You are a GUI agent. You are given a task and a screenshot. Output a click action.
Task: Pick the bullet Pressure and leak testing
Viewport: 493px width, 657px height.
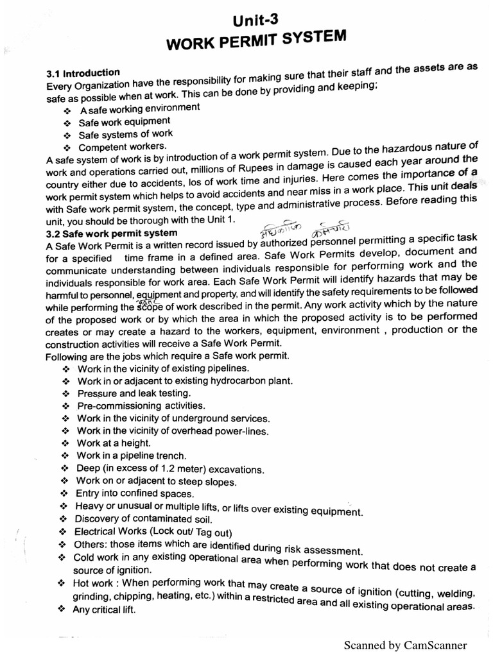pos(134,393)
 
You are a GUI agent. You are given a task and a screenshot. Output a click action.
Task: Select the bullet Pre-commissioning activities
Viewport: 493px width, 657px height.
pos(141,405)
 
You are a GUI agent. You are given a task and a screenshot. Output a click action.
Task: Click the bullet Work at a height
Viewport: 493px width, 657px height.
pos(114,443)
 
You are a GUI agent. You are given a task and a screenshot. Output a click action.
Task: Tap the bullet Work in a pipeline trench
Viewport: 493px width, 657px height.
pos(132,456)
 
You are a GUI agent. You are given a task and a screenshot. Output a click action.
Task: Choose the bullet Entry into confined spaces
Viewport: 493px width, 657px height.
pos(134,493)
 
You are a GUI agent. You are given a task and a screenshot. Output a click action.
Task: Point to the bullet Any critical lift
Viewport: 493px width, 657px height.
pos(103,610)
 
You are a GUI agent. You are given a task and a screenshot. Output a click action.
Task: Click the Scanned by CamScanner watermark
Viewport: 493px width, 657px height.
pos(405,645)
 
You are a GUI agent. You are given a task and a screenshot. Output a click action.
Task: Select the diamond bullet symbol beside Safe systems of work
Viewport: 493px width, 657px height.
pos(66,135)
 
